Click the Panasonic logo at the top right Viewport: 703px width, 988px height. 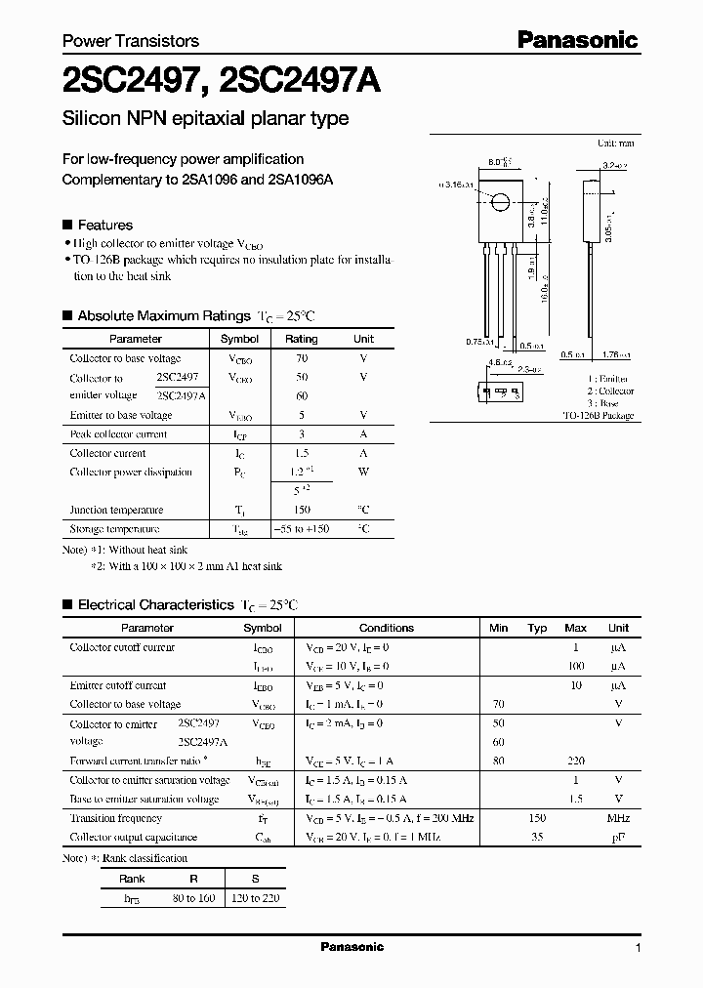[577, 39]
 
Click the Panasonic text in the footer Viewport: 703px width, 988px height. [352, 947]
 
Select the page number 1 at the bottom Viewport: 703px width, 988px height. [638, 948]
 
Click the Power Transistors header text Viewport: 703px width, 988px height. [130, 41]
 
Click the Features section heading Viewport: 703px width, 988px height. [104, 225]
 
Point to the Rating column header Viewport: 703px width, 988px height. [301, 339]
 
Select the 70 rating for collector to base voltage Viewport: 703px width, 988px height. [301, 358]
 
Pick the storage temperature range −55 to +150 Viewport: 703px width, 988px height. [301, 528]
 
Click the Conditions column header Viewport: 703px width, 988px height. [387, 628]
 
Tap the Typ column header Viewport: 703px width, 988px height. [537, 628]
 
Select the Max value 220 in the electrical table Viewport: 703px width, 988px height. [576, 761]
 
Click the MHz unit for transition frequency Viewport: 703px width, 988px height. [617, 818]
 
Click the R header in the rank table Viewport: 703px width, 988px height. [193, 879]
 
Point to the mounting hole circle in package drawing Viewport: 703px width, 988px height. [499, 203]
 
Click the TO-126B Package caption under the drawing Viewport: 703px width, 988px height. [599, 416]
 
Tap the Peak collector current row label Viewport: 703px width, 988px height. [118, 434]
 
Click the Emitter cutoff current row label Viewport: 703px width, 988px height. [118, 685]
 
